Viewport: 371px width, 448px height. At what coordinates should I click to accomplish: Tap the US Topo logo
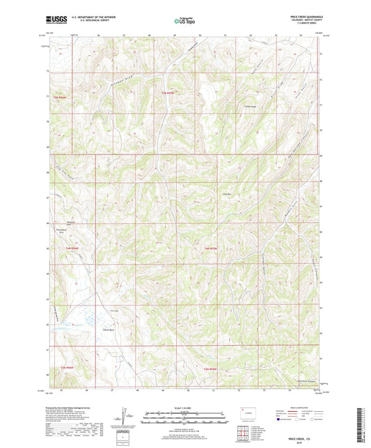pyautogui.click(x=184, y=21)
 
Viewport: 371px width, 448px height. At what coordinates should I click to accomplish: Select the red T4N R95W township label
pyautogui.click(x=211, y=248)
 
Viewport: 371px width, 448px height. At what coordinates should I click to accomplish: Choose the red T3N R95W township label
pyautogui.click(x=211, y=368)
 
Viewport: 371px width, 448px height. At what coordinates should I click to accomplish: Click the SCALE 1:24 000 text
pyautogui.click(x=184, y=407)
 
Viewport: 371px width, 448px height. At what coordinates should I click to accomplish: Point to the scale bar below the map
pyautogui.click(x=184, y=416)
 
